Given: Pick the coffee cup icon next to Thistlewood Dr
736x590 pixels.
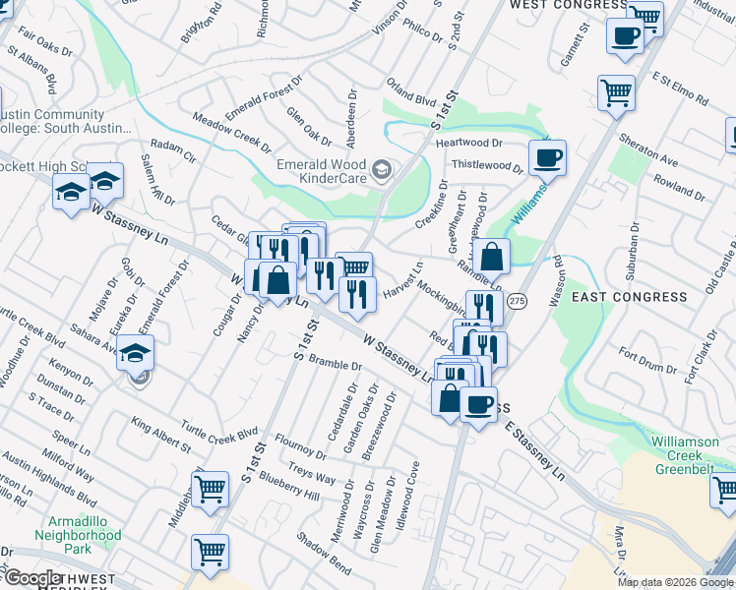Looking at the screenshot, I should pyautogui.click(x=547, y=156).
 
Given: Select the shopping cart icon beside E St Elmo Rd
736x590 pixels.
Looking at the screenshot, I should pyautogui.click(x=616, y=92).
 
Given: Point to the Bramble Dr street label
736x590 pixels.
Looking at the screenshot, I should pyautogui.click(x=335, y=363).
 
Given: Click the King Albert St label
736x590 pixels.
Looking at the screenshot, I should pyautogui.click(x=161, y=434).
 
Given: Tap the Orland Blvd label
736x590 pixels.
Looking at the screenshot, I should pyautogui.click(x=411, y=100).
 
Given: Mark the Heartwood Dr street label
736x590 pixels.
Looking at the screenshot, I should pyautogui.click(x=469, y=144).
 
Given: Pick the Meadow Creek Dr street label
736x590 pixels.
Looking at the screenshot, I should pyautogui.click(x=232, y=133).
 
